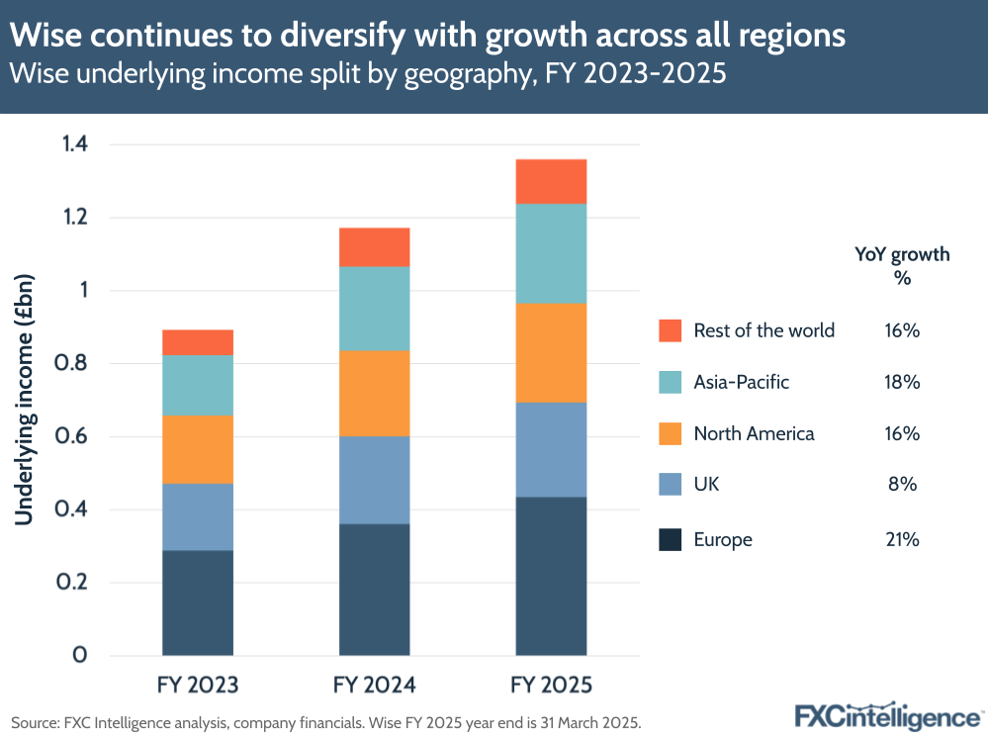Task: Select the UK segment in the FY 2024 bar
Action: tap(374, 480)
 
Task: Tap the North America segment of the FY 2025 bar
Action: tap(551, 352)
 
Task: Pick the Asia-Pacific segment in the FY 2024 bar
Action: tap(374, 308)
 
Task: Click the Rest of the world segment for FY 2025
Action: tap(551, 181)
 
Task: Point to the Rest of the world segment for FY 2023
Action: tap(198, 342)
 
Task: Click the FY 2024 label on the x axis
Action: tap(374, 685)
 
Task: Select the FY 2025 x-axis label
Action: tap(551, 685)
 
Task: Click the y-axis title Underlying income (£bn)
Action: tap(25, 399)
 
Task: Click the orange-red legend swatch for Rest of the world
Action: tap(670, 330)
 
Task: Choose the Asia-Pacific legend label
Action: tap(741, 382)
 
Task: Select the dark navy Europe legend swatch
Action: tap(670, 539)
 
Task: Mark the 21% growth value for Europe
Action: tap(902, 539)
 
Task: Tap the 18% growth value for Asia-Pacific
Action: tap(902, 382)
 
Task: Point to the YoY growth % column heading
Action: tap(902, 265)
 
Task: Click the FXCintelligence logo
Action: tap(886, 715)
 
